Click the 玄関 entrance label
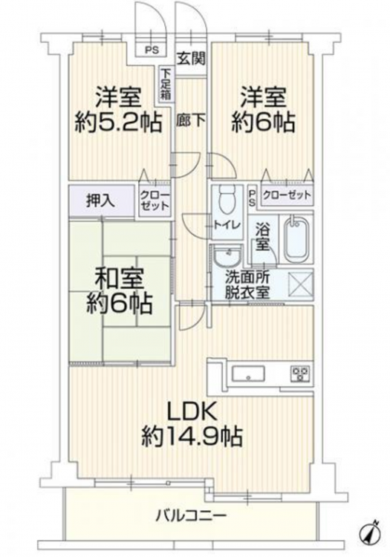(x=192, y=59)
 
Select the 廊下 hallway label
(x=191, y=122)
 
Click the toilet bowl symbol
(x=227, y=198)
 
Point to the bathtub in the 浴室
(x=296, y=238)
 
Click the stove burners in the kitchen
(x=301, y=374)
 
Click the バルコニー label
(x=191, y=515)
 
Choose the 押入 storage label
(x=101, y=201)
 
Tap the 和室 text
(x=120, y=278)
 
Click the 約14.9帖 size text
(x=192, y=436)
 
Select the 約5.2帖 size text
(x=118, y=123)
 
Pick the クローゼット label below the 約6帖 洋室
(x=287, y=195)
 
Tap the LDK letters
(x=192, y=413)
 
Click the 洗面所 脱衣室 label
(x=248, y=284)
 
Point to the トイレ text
(x=227, y=224)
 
